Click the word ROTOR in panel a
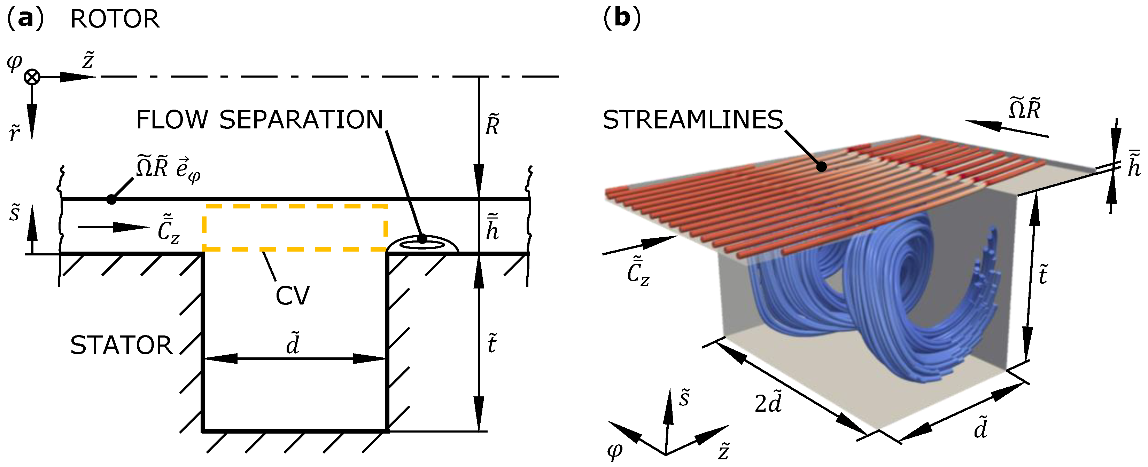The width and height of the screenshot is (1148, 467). click(115, 19)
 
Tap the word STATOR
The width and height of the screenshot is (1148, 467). click(121, 346)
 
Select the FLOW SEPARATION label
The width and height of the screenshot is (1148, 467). click(259, 120)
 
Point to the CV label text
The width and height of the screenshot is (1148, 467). click(292, 295)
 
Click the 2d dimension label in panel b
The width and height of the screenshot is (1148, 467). click(768, 403)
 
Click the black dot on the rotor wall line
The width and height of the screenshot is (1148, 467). click(111, 200)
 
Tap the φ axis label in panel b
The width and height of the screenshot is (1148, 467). click(615, 451)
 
